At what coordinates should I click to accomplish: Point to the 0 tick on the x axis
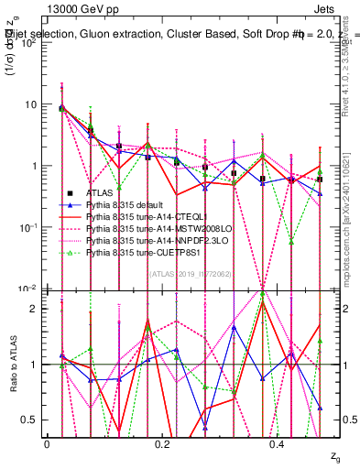[x=47, y=443]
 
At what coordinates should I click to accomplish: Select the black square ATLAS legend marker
[x=70, y=193]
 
